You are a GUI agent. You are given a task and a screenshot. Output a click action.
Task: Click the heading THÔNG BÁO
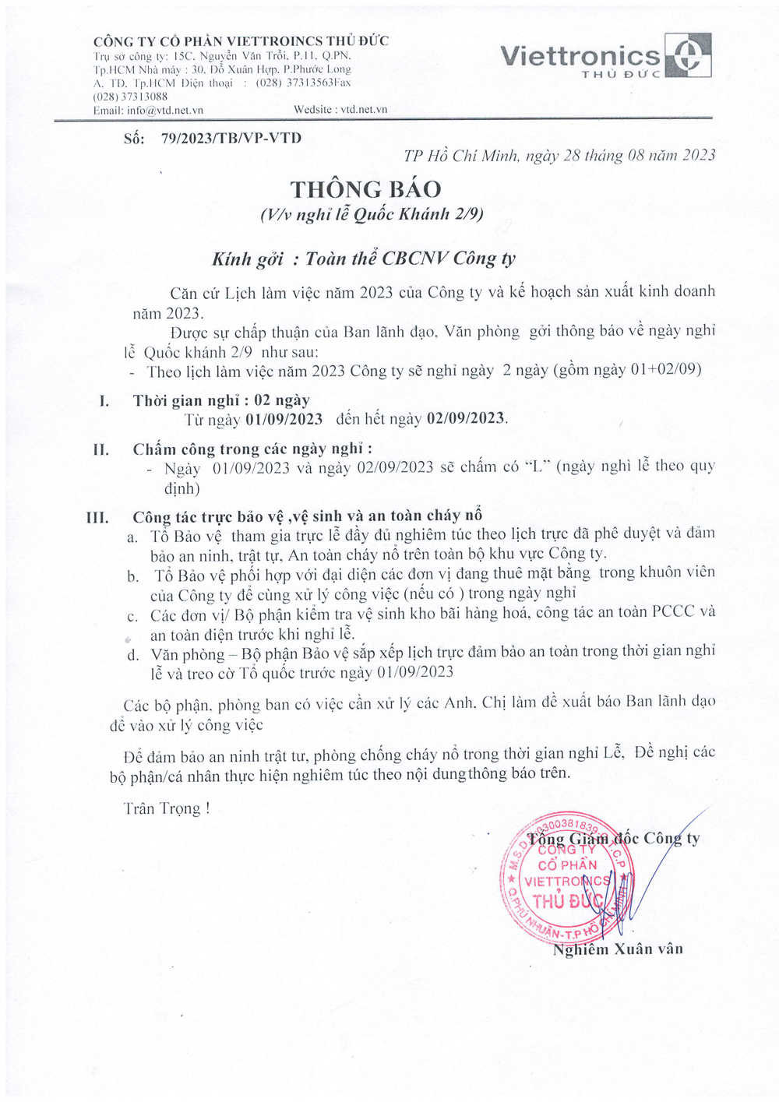[365, 189]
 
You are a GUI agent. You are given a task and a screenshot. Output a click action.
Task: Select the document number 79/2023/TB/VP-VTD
[231, 139]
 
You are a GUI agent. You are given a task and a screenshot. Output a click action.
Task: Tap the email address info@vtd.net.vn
[165, 111]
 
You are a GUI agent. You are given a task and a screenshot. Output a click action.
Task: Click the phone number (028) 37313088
[130, 97]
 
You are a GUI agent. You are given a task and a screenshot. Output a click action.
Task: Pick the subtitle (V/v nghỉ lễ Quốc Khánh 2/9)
[372, 214]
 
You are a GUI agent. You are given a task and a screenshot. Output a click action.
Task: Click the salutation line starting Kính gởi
[363, 259]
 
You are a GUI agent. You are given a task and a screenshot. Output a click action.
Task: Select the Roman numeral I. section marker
[104, 401]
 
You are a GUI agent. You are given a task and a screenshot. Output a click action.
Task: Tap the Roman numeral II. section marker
[100, 449]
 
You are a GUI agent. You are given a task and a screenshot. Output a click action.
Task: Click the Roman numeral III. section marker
[97, 517]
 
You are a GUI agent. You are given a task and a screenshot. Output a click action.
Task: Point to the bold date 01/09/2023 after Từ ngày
[284, 419]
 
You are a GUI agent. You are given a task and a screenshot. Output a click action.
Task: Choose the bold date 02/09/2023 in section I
[465, 418]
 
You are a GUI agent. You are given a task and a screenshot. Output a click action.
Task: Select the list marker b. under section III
[133, 577]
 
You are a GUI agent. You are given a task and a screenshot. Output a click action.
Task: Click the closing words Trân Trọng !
[166, 808]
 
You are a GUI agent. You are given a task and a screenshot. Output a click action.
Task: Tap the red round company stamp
[568, 876]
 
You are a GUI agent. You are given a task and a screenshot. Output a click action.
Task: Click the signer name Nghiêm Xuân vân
[618, 949]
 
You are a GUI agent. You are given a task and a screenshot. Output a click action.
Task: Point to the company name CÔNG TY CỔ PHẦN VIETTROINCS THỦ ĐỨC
[241, 41]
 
